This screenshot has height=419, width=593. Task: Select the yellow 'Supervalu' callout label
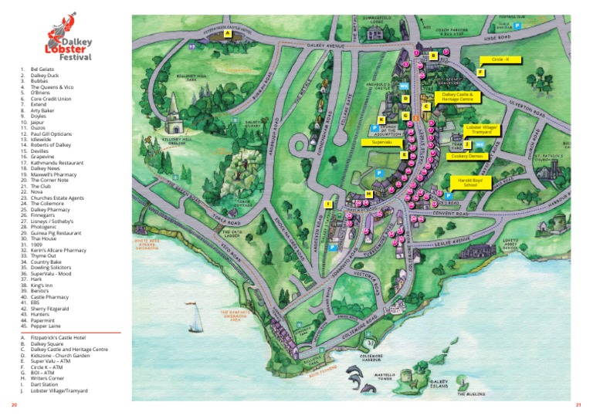tap(383, 142)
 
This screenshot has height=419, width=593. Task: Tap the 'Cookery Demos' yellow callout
tap(463, 155)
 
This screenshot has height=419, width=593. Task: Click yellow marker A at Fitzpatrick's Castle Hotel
tap(228, 34)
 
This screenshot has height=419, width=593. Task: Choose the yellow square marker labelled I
tap(328, 204)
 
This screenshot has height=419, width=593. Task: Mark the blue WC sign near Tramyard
tap(479, 144)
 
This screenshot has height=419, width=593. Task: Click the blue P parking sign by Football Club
tap(518, 25)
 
